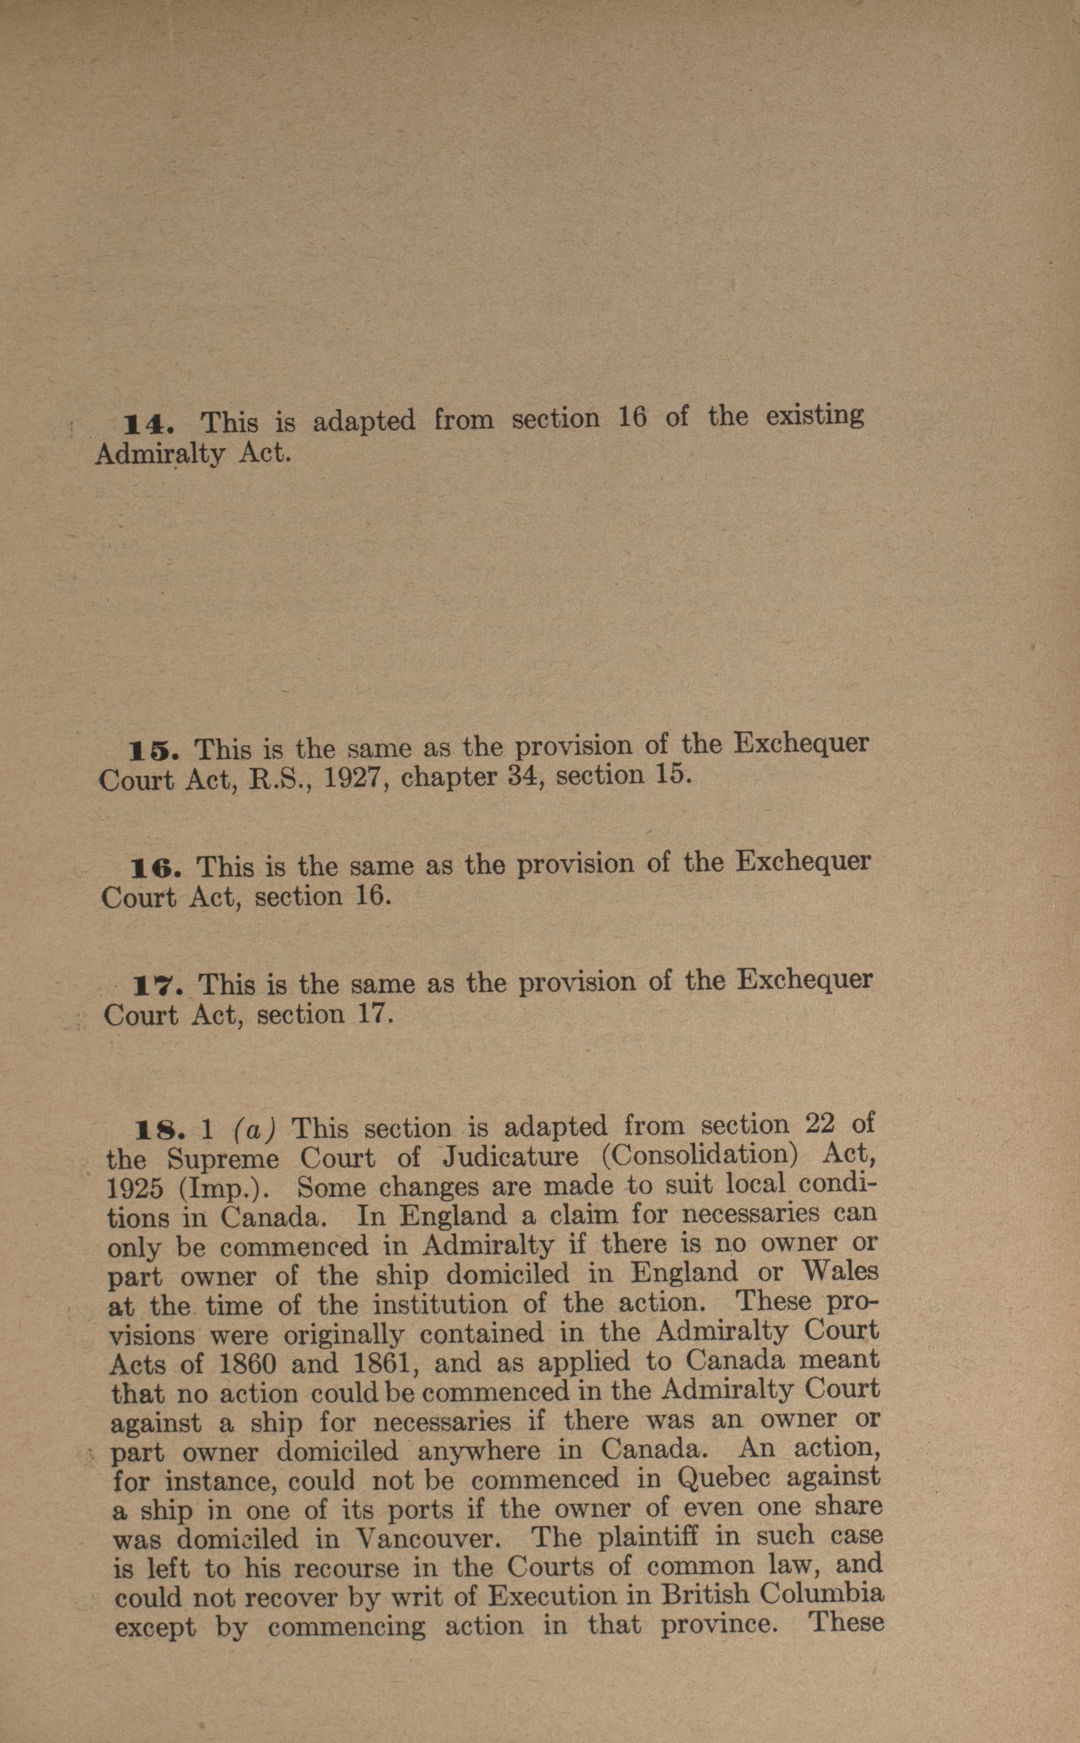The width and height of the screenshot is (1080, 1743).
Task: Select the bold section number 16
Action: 155,868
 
